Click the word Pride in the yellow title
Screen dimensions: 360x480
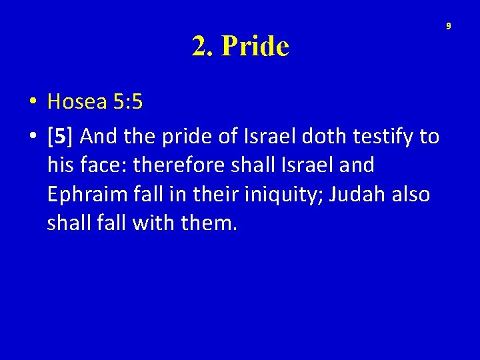(255, 46)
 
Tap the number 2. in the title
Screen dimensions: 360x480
(203, 46)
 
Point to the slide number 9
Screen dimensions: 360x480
(449, 26)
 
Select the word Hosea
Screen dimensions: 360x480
(77, 101)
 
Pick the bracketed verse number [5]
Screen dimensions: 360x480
(61, 137)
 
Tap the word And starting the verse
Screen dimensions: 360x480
(100, 137)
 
